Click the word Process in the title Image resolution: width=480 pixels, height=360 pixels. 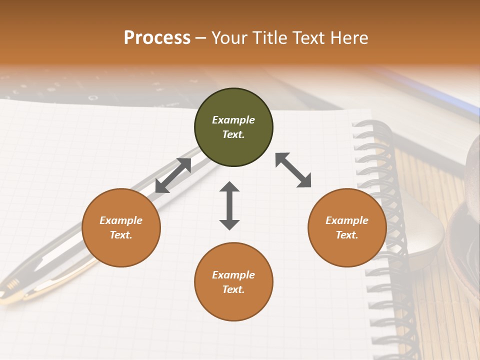pyautogui.click(x=157, y=38)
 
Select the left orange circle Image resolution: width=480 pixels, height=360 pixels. pyautogui.click(x=121, y=250)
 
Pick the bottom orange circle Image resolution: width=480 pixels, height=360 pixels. pyautogui.click(x=233, y=305)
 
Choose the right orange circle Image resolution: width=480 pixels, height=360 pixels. pyautogui.click(x=347, y=250)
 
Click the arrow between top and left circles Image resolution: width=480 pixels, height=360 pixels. pyautogui.click(x=173, y=175)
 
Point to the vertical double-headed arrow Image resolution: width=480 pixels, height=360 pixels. pyautogui.click(x=229, y=205)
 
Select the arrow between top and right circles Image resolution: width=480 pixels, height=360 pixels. pyautogui.click(x=293, y=170)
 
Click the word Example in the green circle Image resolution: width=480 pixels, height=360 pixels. pyautogui.click(x=233, y=120)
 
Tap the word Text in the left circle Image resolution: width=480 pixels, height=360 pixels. pyautogui.click(x=121, y=235)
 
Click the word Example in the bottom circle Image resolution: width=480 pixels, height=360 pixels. pyautogui.click(x=233, y=275)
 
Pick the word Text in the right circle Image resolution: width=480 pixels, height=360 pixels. pyautogui.click(x=347, y=235)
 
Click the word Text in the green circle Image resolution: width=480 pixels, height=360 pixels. pyautogui.click(x=233, y=134)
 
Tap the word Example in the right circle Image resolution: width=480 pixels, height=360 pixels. pyautogui.click(x=347, y=220)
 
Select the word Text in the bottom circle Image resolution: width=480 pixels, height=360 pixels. pyautogui.click(x=233, y=289)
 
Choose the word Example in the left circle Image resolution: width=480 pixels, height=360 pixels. pyautogui.click(x=121, y=220)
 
